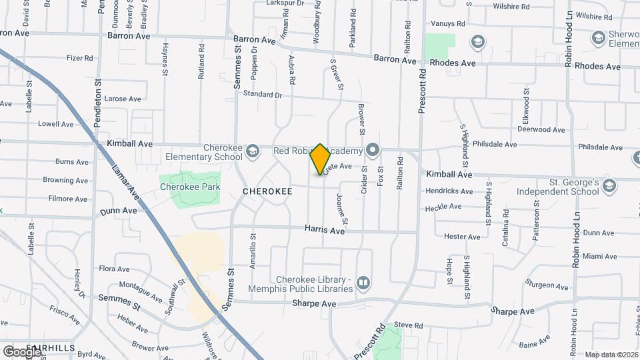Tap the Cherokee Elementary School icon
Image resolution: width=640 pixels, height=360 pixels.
[x=252, y=152]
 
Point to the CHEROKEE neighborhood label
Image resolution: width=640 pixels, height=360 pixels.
[x=267, y=191]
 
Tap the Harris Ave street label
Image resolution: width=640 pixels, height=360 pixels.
[x=325, y=231]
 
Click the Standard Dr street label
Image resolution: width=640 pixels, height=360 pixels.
[x=263, y=95]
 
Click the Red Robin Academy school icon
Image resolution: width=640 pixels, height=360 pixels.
[x=373, y=151]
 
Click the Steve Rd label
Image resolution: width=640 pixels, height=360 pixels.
[x=408, y=325]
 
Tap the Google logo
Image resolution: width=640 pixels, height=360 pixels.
[x=21, y=351]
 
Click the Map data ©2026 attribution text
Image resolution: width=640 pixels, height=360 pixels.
[x=611, y=355]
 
